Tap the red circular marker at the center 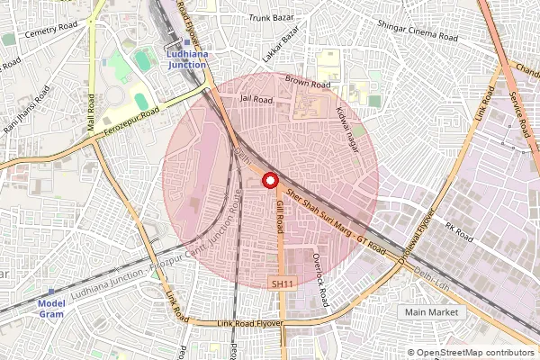(268, 181)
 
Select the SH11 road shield (283, 283)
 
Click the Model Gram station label (52, 309)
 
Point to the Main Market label (431, 311)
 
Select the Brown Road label (308, 84)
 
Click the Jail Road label (256, 99)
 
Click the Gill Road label (280, 218)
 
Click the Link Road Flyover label (250, 323)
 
